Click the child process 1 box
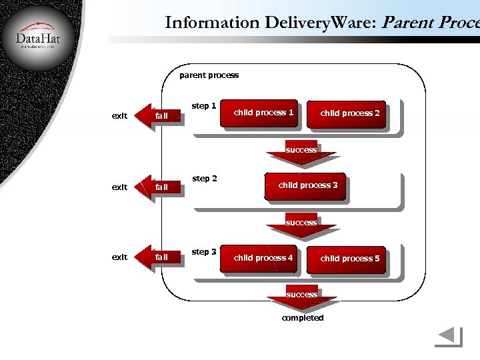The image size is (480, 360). click(263, 113)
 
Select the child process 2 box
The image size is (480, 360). click(349, 114)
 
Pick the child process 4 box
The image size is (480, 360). click(263, 259)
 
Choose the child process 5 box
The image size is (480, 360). click(349, 259)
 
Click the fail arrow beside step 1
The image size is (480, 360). click(159, 116)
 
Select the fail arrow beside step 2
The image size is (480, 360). click(159, 187)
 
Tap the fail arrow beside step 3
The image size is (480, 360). click(159, 257)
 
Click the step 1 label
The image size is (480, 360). click(204, 106)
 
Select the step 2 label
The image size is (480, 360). click(204, 179)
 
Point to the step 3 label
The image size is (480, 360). click(204, 252)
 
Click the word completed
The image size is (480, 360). click(303, 318)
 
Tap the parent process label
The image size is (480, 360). click(209, 75)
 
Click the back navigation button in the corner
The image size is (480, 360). click(448, 337)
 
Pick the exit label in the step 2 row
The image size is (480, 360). click(119, 187)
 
